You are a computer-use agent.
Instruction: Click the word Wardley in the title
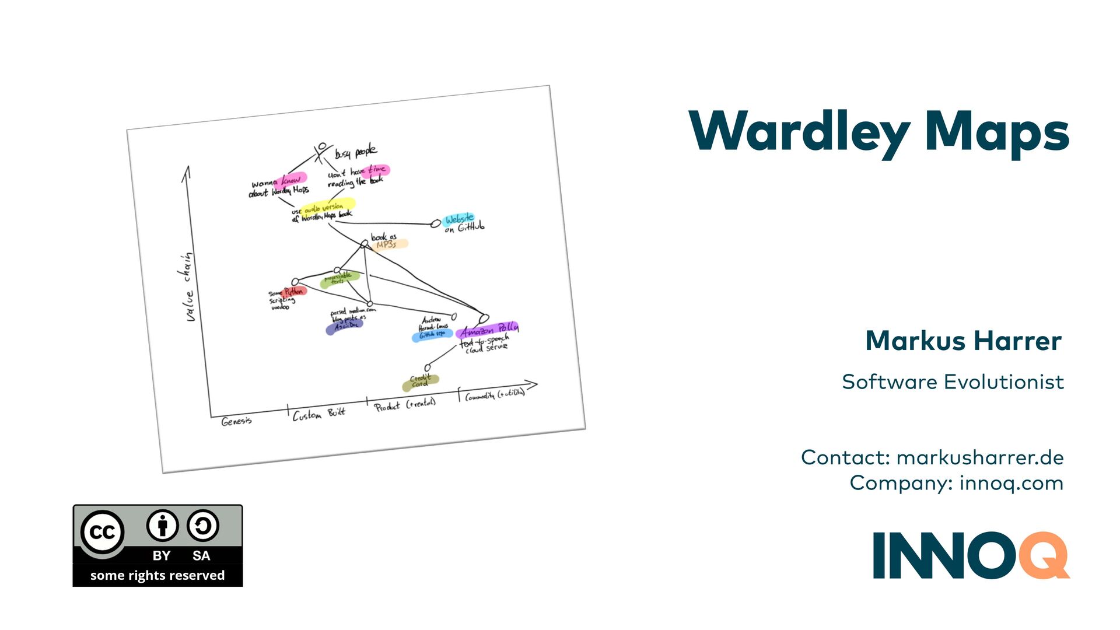pos(799,132)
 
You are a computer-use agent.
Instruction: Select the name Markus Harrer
pos(963,341)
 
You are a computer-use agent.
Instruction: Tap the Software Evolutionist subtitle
pos(953,382)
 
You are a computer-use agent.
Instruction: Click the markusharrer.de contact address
pos(980,457)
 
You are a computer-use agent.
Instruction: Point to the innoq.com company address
pos(1011,483)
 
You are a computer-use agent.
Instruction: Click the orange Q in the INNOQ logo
pos(1044,555)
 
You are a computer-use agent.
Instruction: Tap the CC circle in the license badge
pos(103,532)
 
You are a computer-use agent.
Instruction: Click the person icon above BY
pos(162,525)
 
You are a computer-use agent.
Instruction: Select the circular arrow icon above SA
pos(202,525)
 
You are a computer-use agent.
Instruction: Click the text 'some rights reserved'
pos(157,575)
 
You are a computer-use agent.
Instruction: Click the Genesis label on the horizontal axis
pos(237,421)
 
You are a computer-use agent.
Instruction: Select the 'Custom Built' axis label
pos(318,414)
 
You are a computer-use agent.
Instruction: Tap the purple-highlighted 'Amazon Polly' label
pos(489,330)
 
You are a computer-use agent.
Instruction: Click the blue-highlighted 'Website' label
pos(459,219)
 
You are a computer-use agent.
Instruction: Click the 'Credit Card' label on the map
pos(420,381)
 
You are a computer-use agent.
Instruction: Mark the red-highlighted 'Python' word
pos(294,291)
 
